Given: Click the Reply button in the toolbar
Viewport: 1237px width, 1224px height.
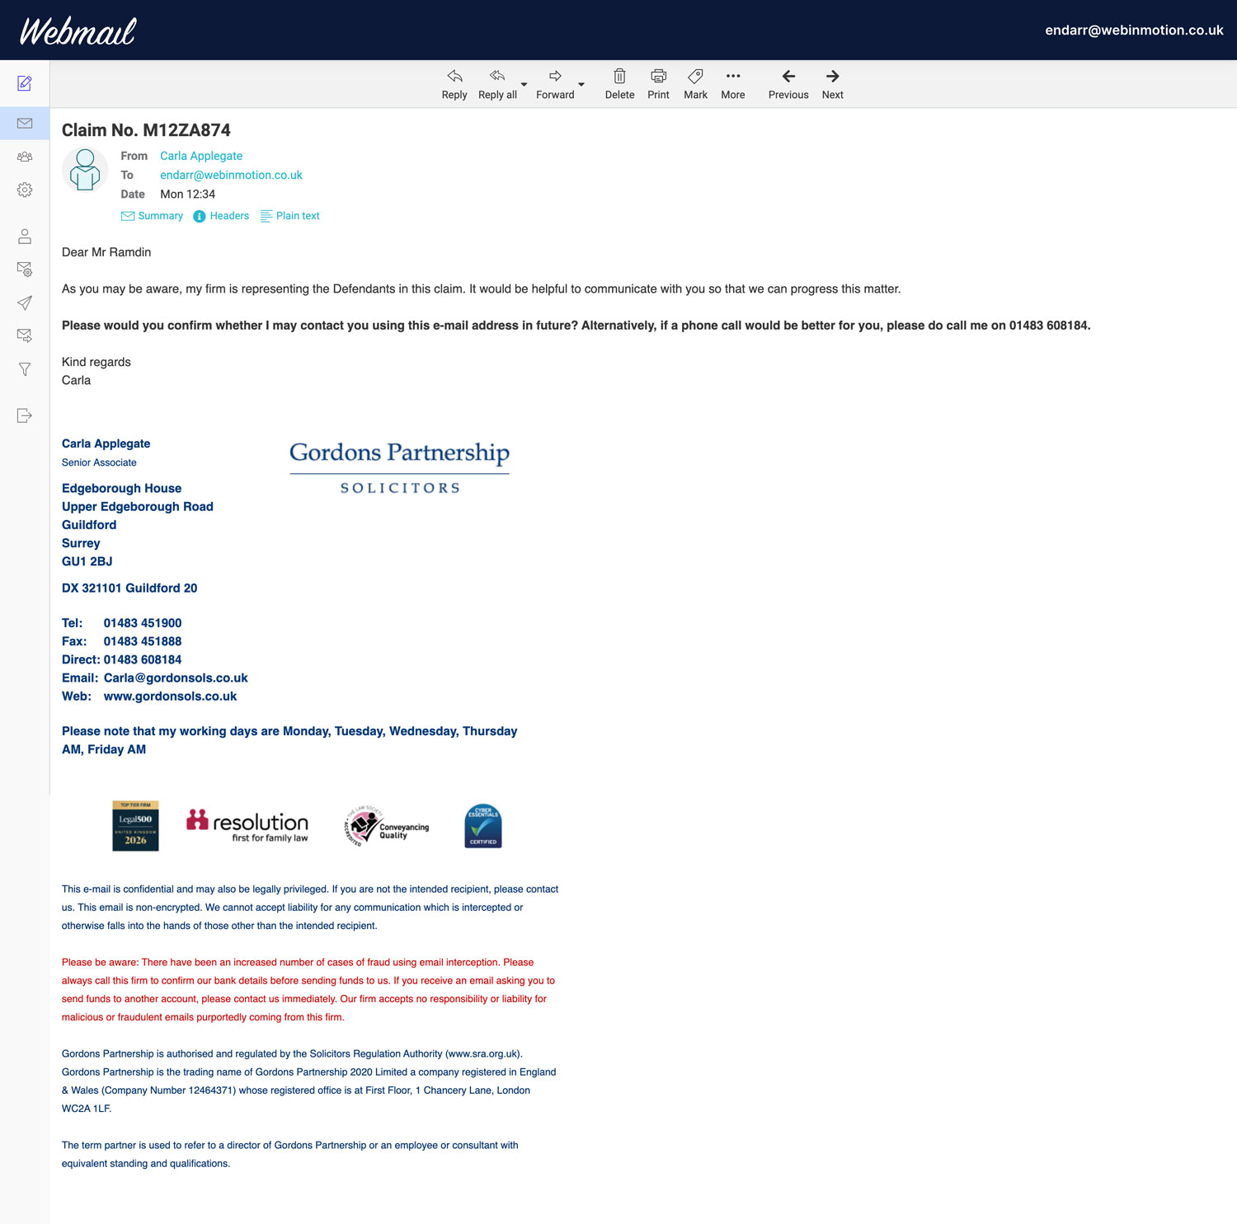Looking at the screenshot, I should (x=454, y=84).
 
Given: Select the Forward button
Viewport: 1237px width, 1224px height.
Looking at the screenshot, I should (x=555, y=84).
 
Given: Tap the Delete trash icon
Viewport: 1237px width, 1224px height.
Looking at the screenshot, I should (x=619, y=84).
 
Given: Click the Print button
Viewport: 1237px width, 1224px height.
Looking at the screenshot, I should (x=658, y=84).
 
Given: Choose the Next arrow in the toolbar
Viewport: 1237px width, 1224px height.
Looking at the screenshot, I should (x=832, y=84).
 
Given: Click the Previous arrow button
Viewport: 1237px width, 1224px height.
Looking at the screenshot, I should (x=788, y=84).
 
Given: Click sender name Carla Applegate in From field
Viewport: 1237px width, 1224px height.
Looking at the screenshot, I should (x=201, y=156).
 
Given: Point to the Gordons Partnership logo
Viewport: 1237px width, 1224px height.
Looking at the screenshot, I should (x=400, y=467).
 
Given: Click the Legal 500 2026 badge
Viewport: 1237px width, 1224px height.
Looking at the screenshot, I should (x=135, y=826).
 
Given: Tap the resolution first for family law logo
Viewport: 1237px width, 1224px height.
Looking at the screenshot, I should (x=247, y=826).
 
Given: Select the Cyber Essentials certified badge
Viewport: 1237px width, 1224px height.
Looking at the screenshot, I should (x=483, y=826).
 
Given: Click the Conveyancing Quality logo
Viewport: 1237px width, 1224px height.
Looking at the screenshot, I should (x=387, y=826).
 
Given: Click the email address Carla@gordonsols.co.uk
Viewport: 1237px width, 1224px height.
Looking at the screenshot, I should (x=176, y=678).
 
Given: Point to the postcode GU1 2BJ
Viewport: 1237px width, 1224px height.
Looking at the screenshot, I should (x=87, y=561).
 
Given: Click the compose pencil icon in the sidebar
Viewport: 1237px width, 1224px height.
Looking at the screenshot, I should (x=25, y=83).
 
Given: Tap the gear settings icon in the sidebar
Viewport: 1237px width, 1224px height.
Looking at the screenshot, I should (x=25, y=190).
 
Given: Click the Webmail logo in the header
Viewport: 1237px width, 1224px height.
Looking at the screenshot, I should (x=78, y=31).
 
